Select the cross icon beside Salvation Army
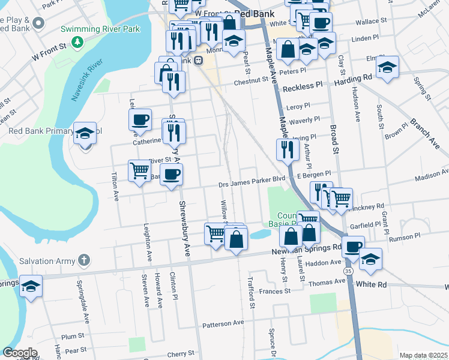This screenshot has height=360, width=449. click(x=85, y=261)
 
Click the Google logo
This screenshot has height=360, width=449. click(x=20, y=353)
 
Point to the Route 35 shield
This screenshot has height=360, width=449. click(x=349, y=272)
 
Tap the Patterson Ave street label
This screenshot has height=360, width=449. click(x=223, y=323)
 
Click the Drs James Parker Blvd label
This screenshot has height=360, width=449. click(x=251, y=179)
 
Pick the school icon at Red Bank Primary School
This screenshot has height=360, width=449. click(x=85, y=134)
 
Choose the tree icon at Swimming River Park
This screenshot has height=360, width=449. click(x=77, y=41)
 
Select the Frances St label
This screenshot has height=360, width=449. click(x=276, y=291)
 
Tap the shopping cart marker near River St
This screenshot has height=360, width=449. click(x=140, y=170)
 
